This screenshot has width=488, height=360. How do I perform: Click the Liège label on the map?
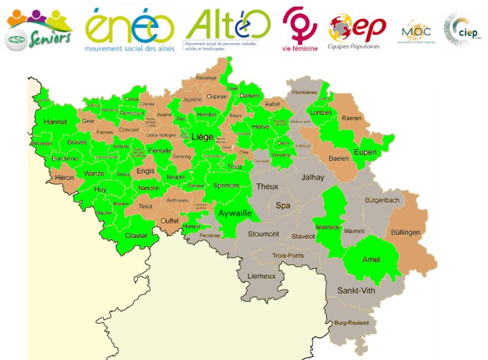pos(203,136)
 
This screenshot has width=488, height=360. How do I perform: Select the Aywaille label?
pos(234,213)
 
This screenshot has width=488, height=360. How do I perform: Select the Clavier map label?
pos(136,235)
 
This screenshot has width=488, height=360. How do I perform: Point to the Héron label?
pos(64,178)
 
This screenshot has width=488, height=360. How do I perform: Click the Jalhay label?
pos(313,177)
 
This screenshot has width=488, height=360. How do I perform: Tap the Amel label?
pos(371,259)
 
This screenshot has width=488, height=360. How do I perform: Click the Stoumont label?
pos(263,234)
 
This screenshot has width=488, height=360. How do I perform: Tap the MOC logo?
pos(416,30)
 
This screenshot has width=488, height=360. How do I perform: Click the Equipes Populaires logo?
pos(356,31)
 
